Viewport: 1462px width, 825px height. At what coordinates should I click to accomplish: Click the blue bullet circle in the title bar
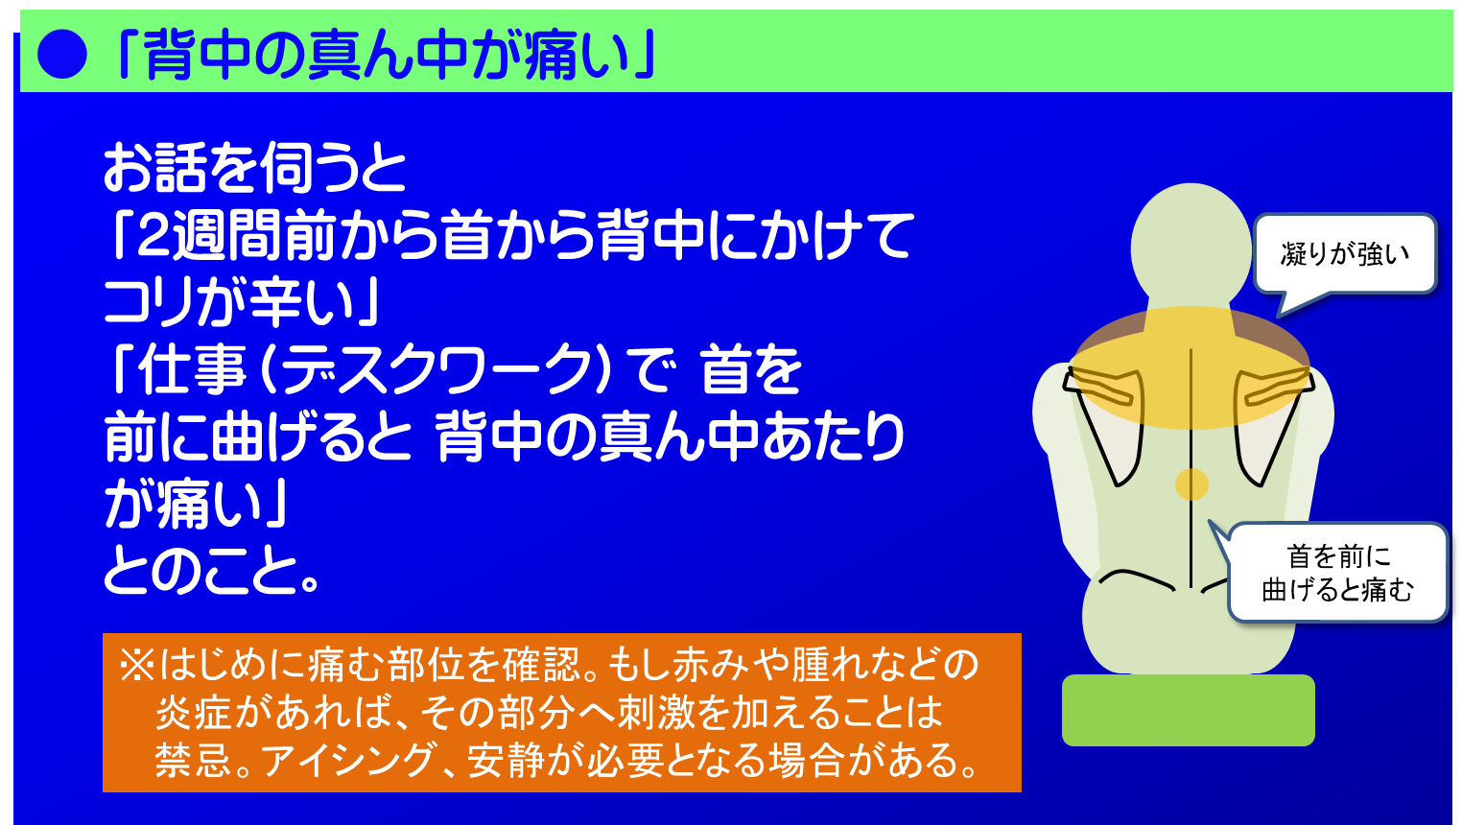(x=62, y=54)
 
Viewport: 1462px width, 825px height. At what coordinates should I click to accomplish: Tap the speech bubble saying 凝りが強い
(x=1344, y=254)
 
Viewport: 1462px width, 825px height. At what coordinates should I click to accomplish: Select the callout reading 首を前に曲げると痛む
(x=1337, y=573)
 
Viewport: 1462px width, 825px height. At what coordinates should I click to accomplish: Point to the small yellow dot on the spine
(x=1191, y=483)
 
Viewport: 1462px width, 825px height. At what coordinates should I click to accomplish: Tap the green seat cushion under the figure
(x=1188, y=710)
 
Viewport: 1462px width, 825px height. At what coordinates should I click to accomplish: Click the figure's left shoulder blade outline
(x=1108, y=422)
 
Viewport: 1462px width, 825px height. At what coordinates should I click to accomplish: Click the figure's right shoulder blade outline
(x=1271, y=422)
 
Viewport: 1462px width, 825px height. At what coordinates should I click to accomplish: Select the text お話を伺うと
(x=254, y=168)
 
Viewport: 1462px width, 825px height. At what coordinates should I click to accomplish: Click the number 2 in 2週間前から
(x=153, y=236)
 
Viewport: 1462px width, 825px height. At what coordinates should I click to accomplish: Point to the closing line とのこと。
(x=211, y=571)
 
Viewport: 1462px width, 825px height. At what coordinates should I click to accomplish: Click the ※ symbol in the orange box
(x=137, y=665)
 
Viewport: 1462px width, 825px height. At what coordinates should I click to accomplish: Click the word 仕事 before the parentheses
(x=192, y=370)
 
